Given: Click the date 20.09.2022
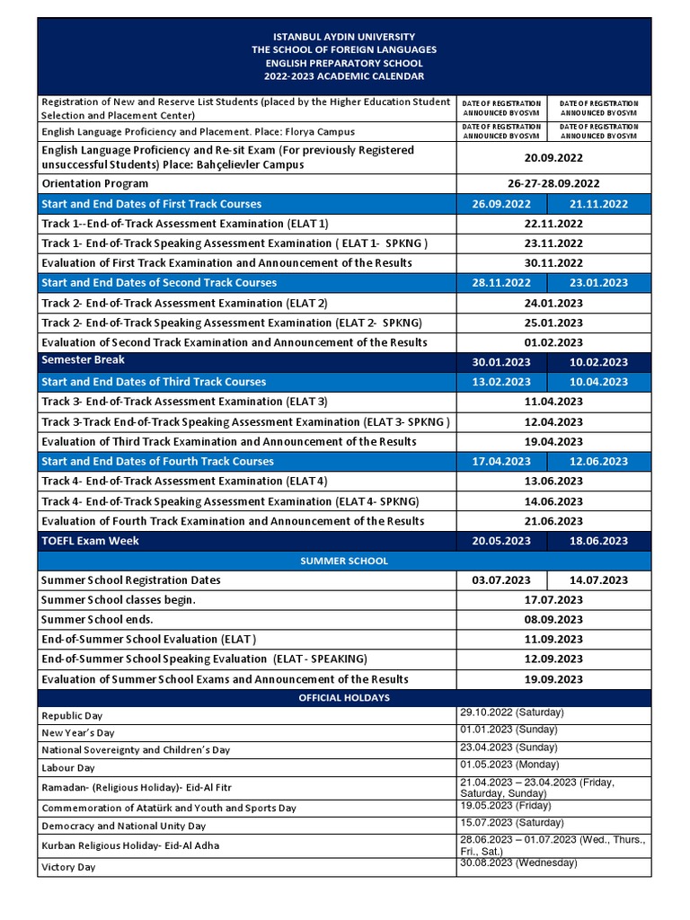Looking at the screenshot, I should pyautogui.click(x=553, y=157).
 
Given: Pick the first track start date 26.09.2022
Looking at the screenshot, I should pyautogui.click(x=501, y=204).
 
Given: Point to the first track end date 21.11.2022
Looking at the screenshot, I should pyautogui.click(x=598, y=204).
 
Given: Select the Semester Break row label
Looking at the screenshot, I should pyautogui.click(x=84, y=360).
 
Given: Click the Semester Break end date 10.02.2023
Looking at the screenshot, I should pyautogui.click(x=598, y=362).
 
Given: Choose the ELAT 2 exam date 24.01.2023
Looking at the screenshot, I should pyautogui.click(x=553, y=303).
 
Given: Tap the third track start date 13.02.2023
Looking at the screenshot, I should pyautogui.click(x=501, y=382).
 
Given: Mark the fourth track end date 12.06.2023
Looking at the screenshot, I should pyautogui.click(x=598, y=461).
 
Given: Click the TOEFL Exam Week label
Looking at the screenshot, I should pyautogui.click(x=91, y=541).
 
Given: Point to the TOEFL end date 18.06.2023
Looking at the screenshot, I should pyautogui.click(x=598, y=541).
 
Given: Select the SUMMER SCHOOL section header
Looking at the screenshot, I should pyautogui.click(x=344, y=561).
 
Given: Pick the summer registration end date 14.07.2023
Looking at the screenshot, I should pyautogui.click(x=598, y=580).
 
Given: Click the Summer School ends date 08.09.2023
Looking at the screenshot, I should pyautogui.click(x=553, y=620).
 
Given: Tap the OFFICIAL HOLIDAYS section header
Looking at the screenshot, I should pyautogui.click(x=344, y=698).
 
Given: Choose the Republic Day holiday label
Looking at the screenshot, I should pyautogui.click(x=73, y=716).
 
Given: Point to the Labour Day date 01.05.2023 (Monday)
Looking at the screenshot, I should pyautogui.click(x=509, y=765).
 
